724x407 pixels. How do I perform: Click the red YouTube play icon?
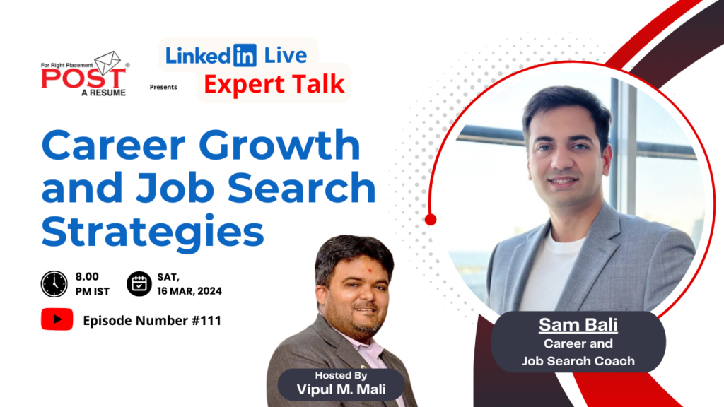[57, 320]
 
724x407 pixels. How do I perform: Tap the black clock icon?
[54, 283]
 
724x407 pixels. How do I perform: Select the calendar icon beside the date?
[139, 283]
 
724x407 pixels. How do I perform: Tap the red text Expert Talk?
[274, 85]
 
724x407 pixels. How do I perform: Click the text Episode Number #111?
[152, 321]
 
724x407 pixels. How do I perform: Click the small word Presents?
[163, 88]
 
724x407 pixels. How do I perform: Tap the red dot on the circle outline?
[431, 220]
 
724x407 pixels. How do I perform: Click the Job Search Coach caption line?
[578, 360]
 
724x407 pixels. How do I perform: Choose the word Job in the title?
[203, 188]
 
